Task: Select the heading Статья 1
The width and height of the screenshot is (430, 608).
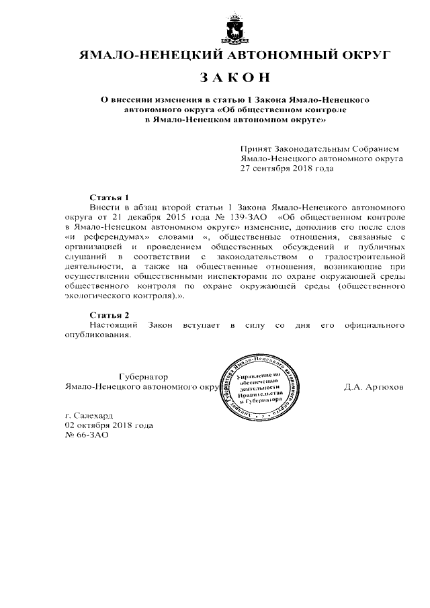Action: point(109,198)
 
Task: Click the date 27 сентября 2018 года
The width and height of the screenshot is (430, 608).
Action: point(287,169)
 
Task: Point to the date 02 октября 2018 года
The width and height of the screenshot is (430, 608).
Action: point(109,425)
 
